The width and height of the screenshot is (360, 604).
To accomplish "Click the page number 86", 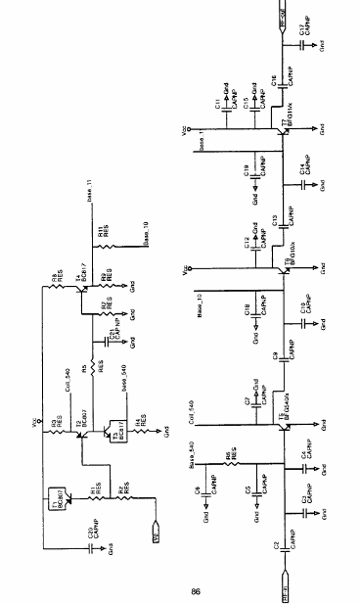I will (x=196, y=590).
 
